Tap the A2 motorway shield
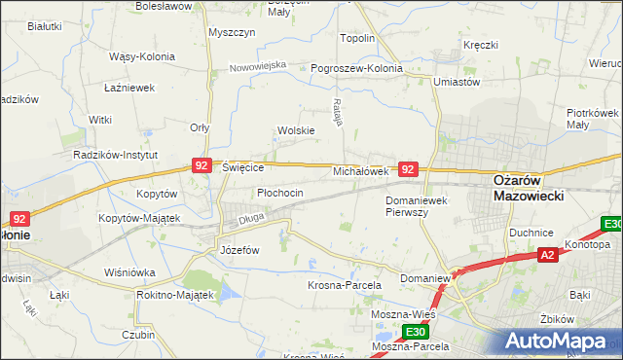[x=548, y=255]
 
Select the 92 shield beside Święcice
[x=202, y=166]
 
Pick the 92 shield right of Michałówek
[x=409, y=169]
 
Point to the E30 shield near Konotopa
[x=612, y=224]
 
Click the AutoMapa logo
[x=563, y=342]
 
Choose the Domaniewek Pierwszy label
[x=416, y=206]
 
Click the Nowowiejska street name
[x=258, y=66]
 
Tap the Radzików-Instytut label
[x=116, y=155]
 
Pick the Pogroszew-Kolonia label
[x=356, y=69]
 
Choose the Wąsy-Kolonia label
[x=142, y=56]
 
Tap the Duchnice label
[x=531, y=233]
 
